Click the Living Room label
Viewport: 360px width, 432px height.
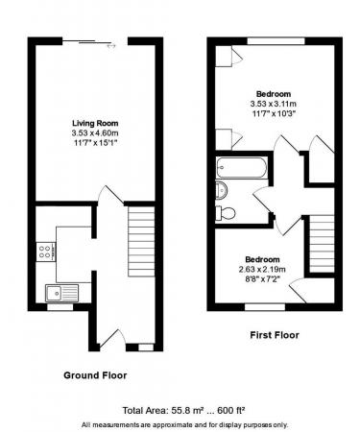[95, 123]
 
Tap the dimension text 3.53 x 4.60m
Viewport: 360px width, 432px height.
[95, 132]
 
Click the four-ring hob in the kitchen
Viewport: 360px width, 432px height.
[45, 252]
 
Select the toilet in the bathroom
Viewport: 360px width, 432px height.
[227, 211]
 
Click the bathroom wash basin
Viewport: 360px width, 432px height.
[221, 188]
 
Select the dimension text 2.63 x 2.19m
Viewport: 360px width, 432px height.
[261, 270]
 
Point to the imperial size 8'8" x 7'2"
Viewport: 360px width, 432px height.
[261, 279]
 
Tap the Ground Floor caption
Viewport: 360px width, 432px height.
[95, 374]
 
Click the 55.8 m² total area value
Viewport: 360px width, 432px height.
[163, 408]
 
